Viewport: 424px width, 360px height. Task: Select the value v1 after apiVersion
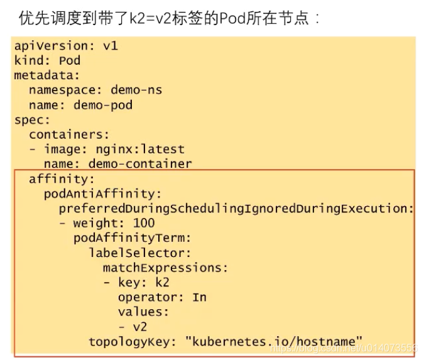[x=111, y=46]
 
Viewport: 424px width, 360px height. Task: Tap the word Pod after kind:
[x=70, y=61]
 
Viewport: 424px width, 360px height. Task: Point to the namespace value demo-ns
[x=136, y=90]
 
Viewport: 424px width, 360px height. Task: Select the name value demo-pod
[x=103, y=105]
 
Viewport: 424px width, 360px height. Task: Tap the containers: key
[x=69, y=134]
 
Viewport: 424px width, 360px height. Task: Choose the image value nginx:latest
[x=140, y=150]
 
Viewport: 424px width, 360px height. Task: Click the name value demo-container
[x=140, y=164]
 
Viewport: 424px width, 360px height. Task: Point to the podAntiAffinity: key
[x=103, y=194]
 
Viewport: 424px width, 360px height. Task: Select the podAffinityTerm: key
[x=132, y=238]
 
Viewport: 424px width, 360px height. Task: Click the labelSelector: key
[x=139, y=253]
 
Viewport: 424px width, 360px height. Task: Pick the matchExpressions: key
[x=165, y=268]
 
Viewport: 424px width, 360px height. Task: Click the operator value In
[x=199, y=297]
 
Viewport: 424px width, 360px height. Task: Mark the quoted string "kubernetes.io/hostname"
[x=274, y=342]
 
